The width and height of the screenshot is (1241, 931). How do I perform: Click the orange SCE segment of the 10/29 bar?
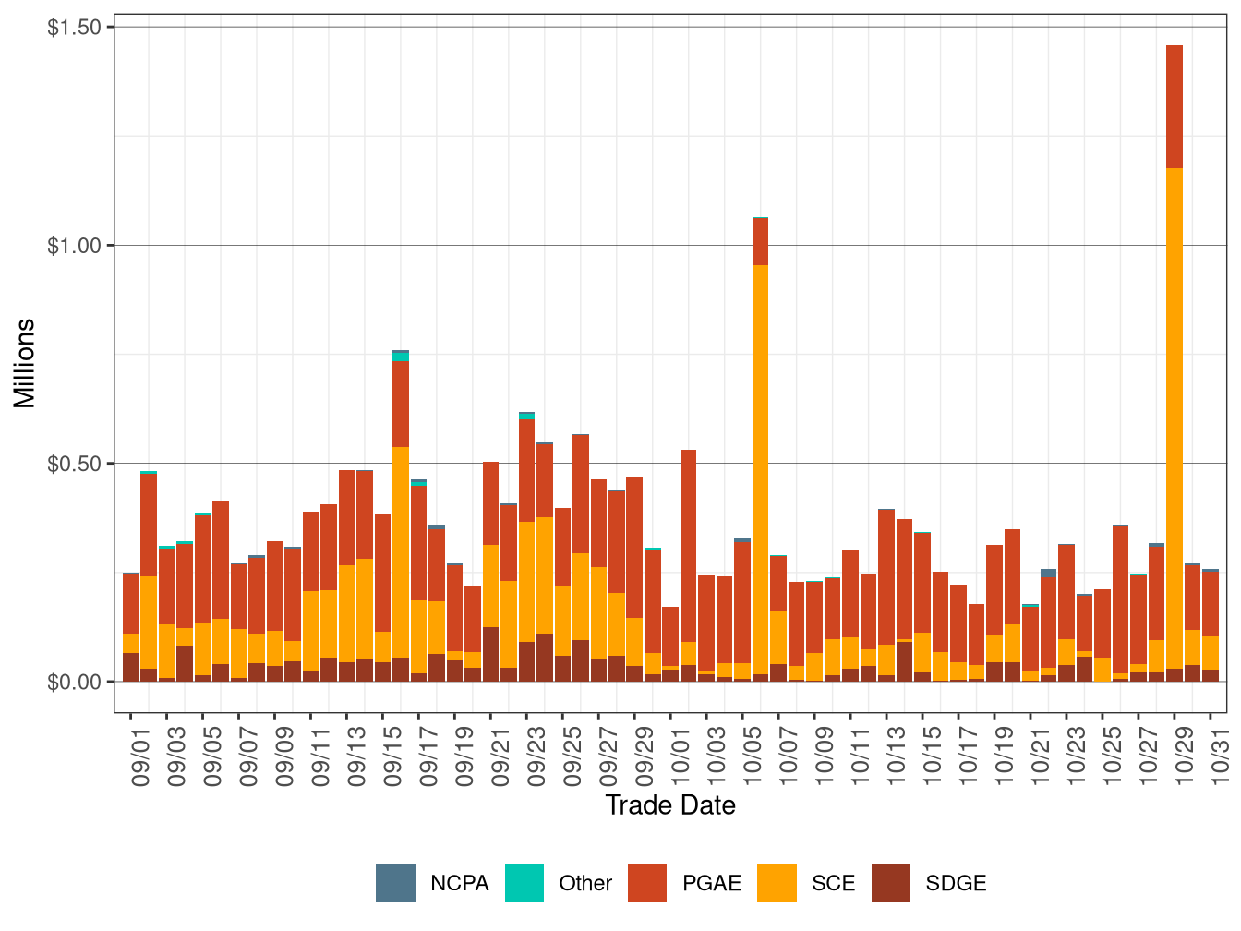1174,416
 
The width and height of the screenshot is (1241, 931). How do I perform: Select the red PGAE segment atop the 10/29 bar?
1174,106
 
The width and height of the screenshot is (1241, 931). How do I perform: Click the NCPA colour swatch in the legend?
395,883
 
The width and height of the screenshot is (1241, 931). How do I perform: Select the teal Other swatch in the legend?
524,883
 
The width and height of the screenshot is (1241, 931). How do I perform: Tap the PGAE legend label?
711,883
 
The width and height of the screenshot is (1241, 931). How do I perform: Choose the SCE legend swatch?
777,883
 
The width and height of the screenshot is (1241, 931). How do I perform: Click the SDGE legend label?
956,883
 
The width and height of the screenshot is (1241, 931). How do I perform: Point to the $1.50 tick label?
74,28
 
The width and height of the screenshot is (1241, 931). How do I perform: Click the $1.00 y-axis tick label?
74,246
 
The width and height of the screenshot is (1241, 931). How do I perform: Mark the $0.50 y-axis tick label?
74,464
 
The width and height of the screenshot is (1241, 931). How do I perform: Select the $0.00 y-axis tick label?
74,682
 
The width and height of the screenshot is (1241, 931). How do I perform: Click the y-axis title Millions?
24,363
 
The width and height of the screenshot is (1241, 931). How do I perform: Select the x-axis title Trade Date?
670,805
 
